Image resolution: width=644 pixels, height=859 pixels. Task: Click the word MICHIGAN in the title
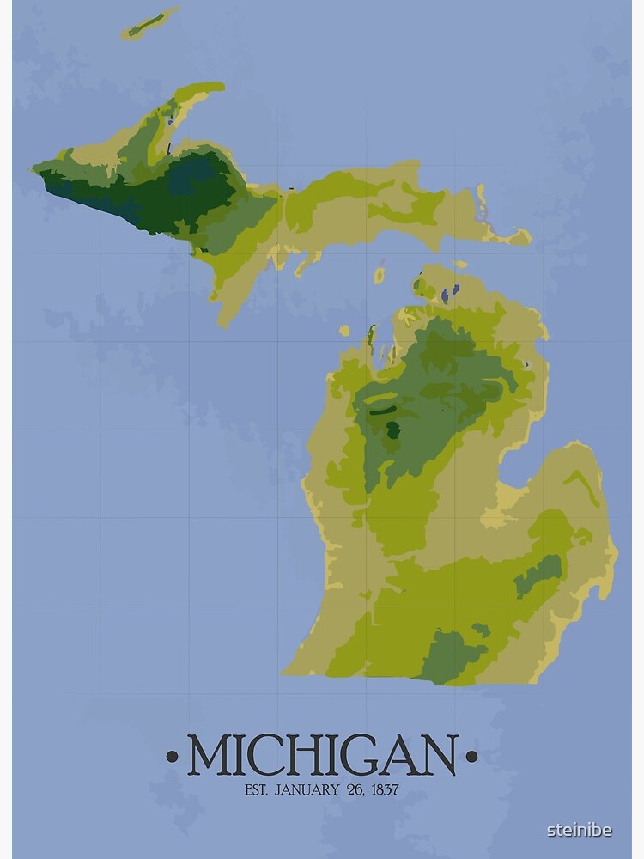point(322,755)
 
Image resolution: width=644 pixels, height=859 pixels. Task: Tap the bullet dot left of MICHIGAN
point(173,757)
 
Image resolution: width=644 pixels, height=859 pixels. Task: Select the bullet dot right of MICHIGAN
point(471,757)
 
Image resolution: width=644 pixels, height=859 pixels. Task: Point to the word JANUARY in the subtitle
point(306,789)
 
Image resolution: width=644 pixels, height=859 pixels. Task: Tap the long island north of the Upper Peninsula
point(149,23)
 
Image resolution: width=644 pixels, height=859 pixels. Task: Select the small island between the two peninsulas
point(380,275)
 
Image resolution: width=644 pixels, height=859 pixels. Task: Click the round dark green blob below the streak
point(393,429)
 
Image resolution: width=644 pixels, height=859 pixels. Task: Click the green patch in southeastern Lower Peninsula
point(540,574)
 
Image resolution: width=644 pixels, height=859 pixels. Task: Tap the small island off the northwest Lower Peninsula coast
point(344,330)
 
